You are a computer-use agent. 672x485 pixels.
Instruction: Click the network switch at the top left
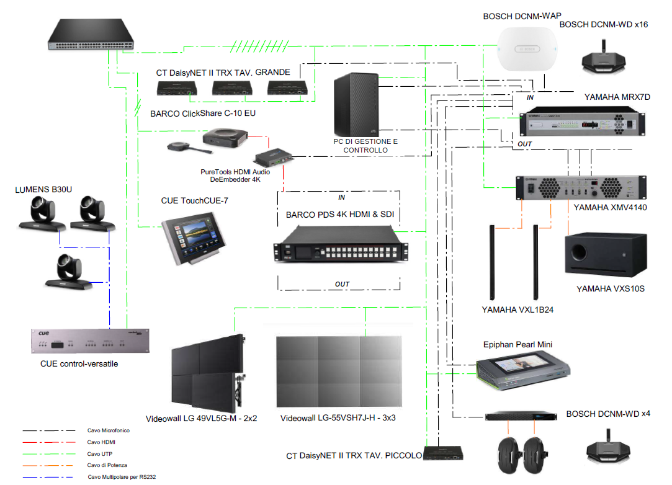click(x=92, y=35)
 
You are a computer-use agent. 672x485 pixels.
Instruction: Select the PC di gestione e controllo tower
click(x=355, y=105)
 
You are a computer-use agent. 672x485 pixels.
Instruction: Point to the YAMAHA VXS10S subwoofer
click(x=604, y=254)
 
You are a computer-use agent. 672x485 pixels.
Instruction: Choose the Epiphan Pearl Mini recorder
click(x=522, y=368)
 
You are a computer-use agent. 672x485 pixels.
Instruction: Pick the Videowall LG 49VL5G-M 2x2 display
click(x=205, y=372)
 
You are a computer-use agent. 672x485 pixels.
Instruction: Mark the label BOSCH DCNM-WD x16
click(x=604, y=24)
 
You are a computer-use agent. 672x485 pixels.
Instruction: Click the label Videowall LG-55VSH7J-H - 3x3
click(x=338, y=418)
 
